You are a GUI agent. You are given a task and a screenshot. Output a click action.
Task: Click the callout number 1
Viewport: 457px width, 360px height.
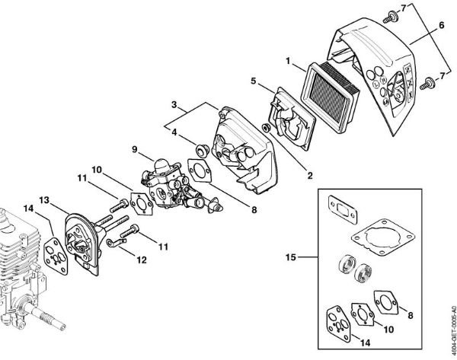coord(288,60)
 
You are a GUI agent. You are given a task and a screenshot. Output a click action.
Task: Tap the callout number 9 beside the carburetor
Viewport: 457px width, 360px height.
coord(135,149)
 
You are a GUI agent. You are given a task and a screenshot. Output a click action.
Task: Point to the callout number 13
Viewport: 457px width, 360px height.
coord(43,199)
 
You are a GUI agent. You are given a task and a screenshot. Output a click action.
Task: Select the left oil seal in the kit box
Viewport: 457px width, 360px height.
coord(344,269)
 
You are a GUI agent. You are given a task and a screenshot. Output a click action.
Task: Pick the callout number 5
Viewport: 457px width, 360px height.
coord(252,78)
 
